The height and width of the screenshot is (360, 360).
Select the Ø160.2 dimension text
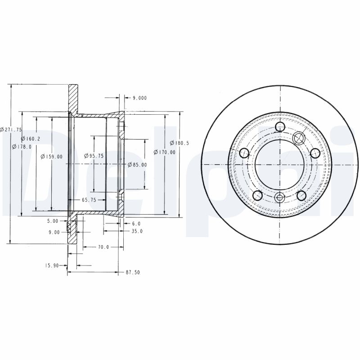point(31,139)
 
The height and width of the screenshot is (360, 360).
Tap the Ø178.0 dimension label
point(22,147)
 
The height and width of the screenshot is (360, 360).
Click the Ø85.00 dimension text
point(137,165)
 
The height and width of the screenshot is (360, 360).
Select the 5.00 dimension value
point(53,221)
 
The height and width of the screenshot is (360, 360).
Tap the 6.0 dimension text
point(136,223)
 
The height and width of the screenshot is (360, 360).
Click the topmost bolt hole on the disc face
point(279,127)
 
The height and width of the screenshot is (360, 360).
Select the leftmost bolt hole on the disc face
point(244,153)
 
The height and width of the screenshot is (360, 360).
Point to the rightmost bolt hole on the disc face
point(315,153)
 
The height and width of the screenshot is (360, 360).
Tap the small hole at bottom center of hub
point(279,197)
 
